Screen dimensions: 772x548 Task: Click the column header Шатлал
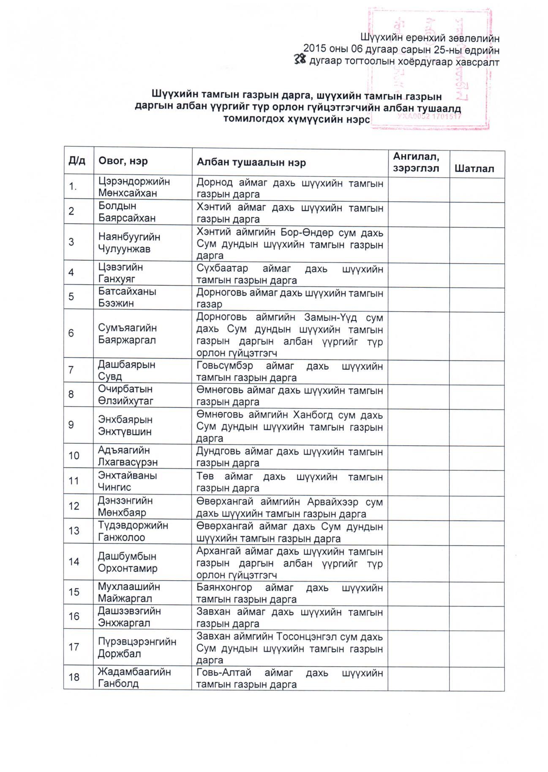(x=474, y=169)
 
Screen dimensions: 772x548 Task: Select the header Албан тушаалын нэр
(x=251, y=163)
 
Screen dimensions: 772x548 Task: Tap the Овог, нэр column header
(x=123, y=161)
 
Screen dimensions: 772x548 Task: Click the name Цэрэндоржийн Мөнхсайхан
(x=134, y=187)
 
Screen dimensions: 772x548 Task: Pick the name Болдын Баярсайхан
(x=127, y=212)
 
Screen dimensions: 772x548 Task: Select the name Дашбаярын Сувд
(x=126, y=370)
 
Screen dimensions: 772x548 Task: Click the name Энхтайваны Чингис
(x=127, y=481)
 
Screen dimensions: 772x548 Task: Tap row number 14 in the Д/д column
(x=74, y=561)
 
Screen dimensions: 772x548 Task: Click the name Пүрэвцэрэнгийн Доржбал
(x=137, y=647)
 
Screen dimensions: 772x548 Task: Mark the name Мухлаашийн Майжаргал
(x=129, y=592)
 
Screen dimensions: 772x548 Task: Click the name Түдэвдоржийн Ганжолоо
(x=133, y=531)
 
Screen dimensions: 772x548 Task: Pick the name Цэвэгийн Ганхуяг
(x=120, y=273)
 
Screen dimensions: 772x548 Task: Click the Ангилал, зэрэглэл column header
(x=416, y=162)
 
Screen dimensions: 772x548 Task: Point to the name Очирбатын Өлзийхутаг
(x=125, y=395)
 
